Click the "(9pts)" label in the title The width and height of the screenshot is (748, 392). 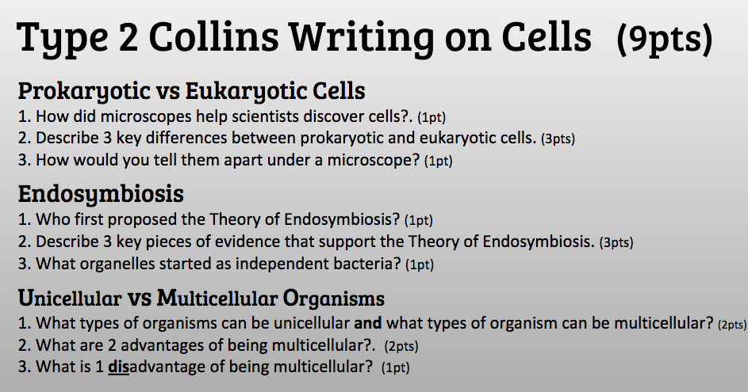pyautogui.click(x=664, y=37)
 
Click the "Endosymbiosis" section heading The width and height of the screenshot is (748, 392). pyautogui.click(x=101, y=193)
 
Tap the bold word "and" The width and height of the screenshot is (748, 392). pyautogui.click(x=368, y=323)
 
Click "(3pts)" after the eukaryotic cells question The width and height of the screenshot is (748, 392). pyautogui.click(x=558, y=139)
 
